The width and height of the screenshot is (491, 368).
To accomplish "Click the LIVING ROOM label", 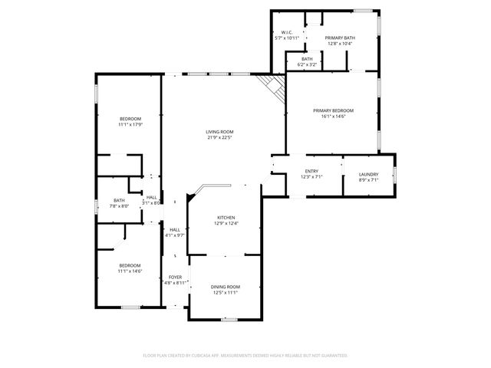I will (219, 132).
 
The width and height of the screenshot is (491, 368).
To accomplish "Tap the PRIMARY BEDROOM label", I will (333, 110).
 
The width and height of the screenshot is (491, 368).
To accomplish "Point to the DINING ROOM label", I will (226, 287).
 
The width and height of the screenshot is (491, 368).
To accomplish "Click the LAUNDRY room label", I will (368, 174).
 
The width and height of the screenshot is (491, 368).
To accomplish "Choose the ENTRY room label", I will (311, 171).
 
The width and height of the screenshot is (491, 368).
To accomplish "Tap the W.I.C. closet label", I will (287, 32).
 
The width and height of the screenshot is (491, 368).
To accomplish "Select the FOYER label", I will (176, 278).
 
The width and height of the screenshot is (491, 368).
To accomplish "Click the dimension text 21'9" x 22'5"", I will (219, 138).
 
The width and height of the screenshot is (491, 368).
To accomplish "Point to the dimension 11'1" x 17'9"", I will (130, 124).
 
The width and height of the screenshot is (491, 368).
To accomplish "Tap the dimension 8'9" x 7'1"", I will (368, 180).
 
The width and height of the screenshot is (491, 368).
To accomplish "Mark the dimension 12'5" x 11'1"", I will (226, 293).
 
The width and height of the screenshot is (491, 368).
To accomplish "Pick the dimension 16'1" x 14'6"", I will (333, 117).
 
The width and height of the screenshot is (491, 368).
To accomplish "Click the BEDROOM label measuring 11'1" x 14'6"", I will (129, 265).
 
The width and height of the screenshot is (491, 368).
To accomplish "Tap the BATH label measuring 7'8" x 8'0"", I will (120, 200).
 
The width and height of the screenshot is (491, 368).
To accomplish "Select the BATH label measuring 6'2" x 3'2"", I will (306, 59).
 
